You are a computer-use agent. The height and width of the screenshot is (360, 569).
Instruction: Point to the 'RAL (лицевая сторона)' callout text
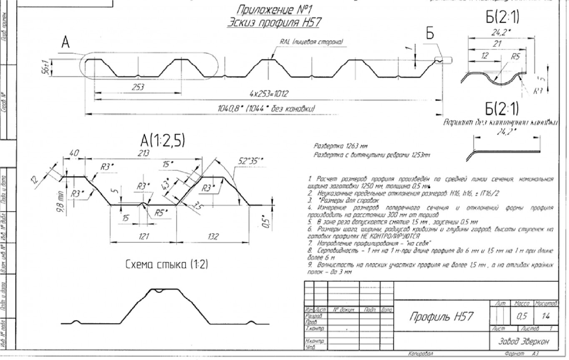(x=312, y=42)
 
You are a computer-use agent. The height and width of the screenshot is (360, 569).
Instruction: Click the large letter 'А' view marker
(x=65, y=42)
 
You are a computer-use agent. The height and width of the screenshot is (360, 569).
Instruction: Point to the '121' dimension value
(x=144, y=236)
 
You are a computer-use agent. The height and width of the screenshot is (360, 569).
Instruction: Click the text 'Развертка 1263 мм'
(x=336, y=147)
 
